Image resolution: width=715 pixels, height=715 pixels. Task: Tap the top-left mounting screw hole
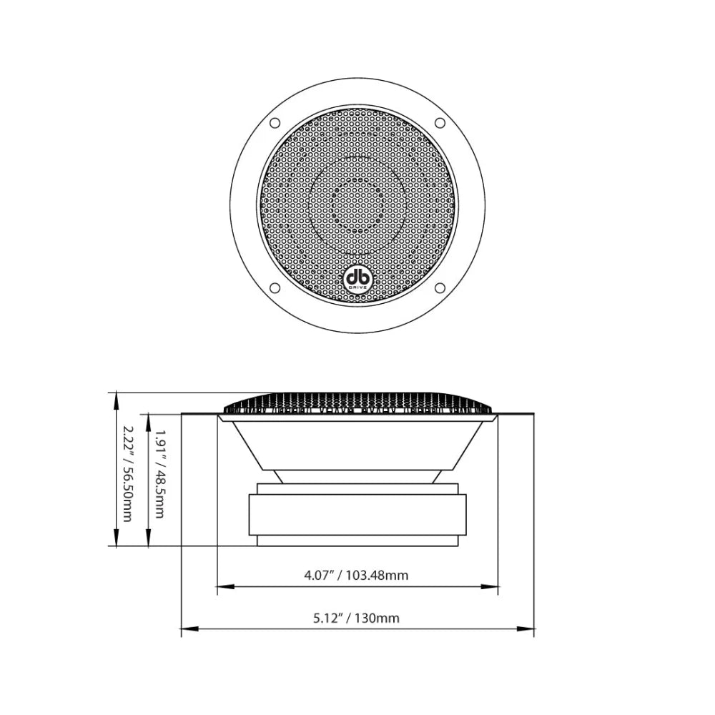coord(275,123)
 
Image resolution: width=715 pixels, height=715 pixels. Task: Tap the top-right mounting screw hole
coord(440,123)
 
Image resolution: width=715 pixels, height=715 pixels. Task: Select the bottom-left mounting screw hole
coord(275,289)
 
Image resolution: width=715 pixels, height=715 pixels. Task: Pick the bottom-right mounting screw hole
coord(440,289)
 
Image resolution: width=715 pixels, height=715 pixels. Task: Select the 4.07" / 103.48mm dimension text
coord(357,575)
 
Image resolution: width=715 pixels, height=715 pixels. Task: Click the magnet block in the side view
coord(357,515)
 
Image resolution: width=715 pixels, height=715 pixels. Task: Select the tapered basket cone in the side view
coord(357,443)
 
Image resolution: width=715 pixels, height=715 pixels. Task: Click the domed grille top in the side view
coord(357,401)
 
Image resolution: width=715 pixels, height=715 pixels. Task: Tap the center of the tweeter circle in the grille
coord(357,205)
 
